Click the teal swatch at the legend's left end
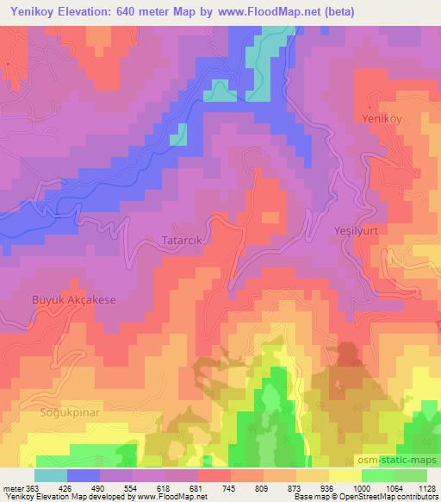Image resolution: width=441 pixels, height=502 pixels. coord(51,475)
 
